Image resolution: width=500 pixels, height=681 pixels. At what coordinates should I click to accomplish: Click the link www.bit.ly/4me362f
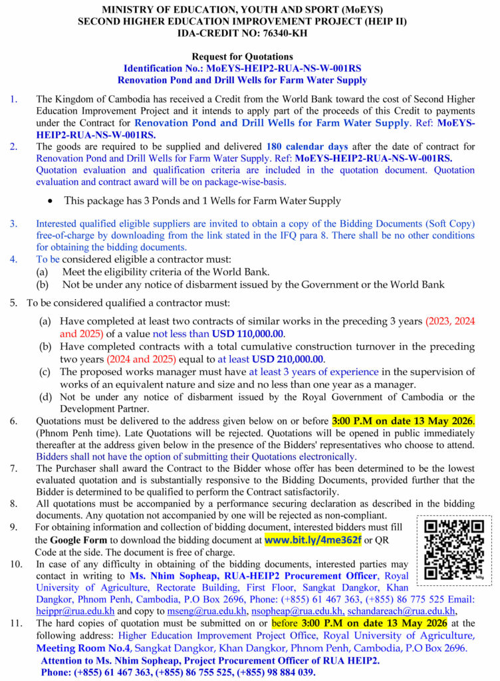point(312,539)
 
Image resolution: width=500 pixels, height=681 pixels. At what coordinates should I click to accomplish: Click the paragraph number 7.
point(14,468)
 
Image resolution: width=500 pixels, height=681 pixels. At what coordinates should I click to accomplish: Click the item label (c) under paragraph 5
point(45,372)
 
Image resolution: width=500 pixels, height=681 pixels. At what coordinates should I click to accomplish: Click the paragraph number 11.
point(16,623)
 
